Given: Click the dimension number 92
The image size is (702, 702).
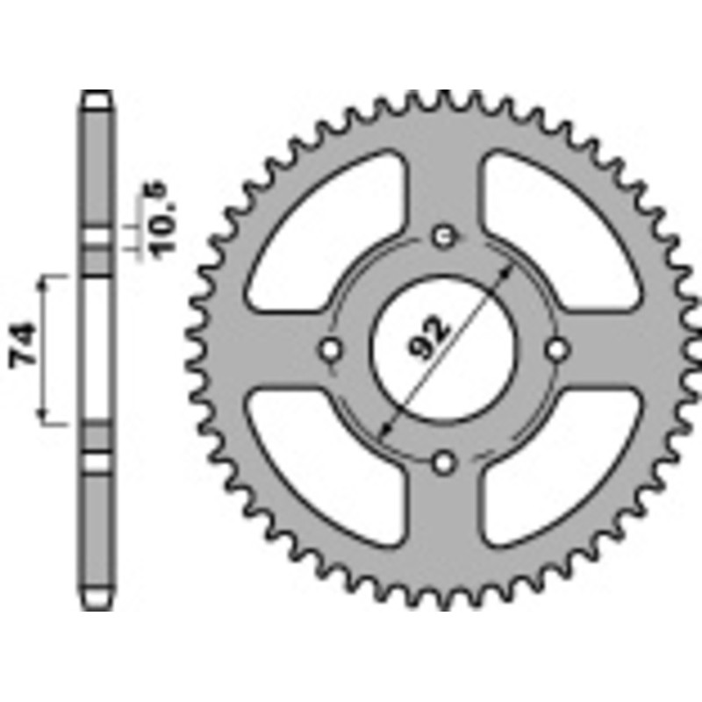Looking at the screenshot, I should pos(429,336).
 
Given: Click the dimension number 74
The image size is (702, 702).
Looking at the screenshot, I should pos(24,347).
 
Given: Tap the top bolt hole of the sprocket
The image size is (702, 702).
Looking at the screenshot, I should pos(445,236).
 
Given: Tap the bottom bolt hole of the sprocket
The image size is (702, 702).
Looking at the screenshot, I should pos(445,462).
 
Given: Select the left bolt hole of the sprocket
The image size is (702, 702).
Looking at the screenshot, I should pos(332,348).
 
